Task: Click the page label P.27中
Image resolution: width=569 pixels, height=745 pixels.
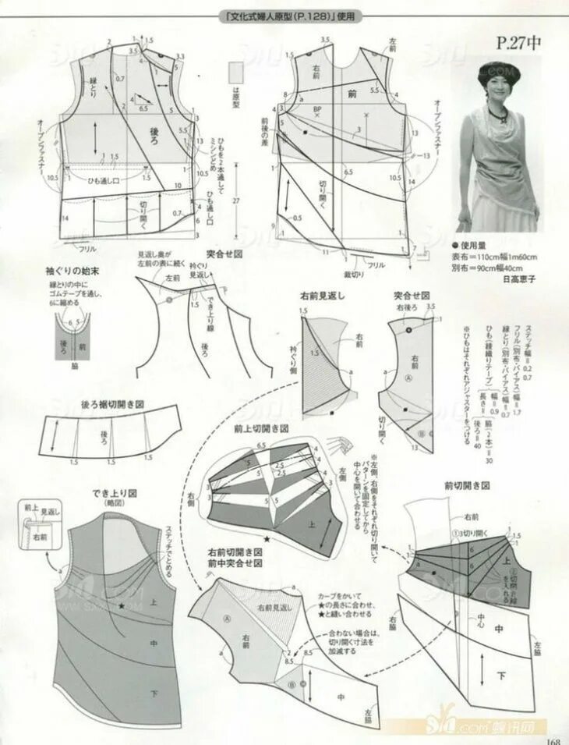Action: pos(519,43)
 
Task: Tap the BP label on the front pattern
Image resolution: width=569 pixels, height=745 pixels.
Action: pos(317,110)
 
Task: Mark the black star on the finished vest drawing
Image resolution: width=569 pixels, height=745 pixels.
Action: pos(122,606)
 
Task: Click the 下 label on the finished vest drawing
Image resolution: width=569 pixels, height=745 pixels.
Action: pos(155,693)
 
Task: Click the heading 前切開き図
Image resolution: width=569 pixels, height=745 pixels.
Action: pos(466,485)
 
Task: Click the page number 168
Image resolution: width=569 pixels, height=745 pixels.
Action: pos(553,740)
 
